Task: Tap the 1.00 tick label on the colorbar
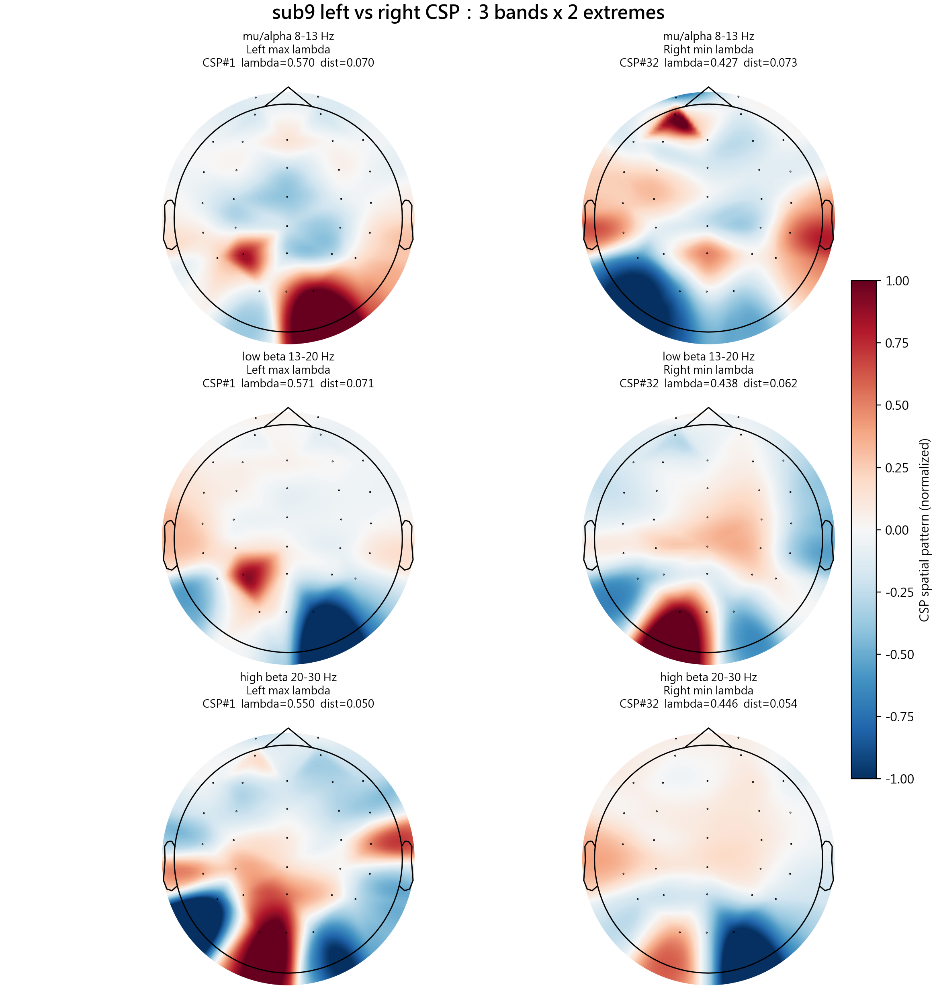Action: [x=897, y=281]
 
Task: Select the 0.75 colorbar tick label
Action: [x=897, y=343]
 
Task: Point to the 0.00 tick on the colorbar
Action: [x=897, y=530]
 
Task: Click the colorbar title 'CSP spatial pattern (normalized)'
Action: [x=924, y=530]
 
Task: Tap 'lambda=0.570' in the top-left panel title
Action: [x=278, y=63]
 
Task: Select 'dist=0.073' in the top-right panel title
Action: [x=771, y=63]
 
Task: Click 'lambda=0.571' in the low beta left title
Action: [x=278, y=383]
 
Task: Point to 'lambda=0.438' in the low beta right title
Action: [x=701, y=383]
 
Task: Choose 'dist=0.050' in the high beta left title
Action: [x=347, y=704]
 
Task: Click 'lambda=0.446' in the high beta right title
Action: [x=701, y=704]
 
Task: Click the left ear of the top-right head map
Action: [x=589, y=224]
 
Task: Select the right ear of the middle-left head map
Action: [x=407, y=545]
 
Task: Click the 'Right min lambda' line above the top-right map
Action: [x=708, y=49]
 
